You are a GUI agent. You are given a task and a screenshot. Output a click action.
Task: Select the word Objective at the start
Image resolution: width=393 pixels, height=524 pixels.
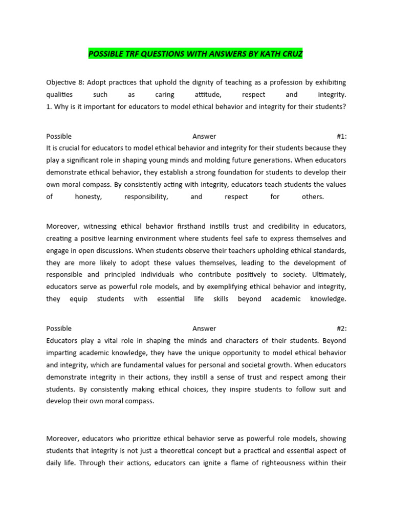[61, 82]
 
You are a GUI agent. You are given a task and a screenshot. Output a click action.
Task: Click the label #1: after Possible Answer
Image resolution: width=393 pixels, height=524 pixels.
[341, 136]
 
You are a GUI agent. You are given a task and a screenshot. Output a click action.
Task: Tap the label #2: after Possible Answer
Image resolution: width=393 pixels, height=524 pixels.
[341, 329]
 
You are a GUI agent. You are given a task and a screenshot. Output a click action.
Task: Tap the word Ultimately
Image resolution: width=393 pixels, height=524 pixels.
[328, 275]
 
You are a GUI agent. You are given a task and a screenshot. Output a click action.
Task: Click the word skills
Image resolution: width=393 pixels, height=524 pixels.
[221, 299]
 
